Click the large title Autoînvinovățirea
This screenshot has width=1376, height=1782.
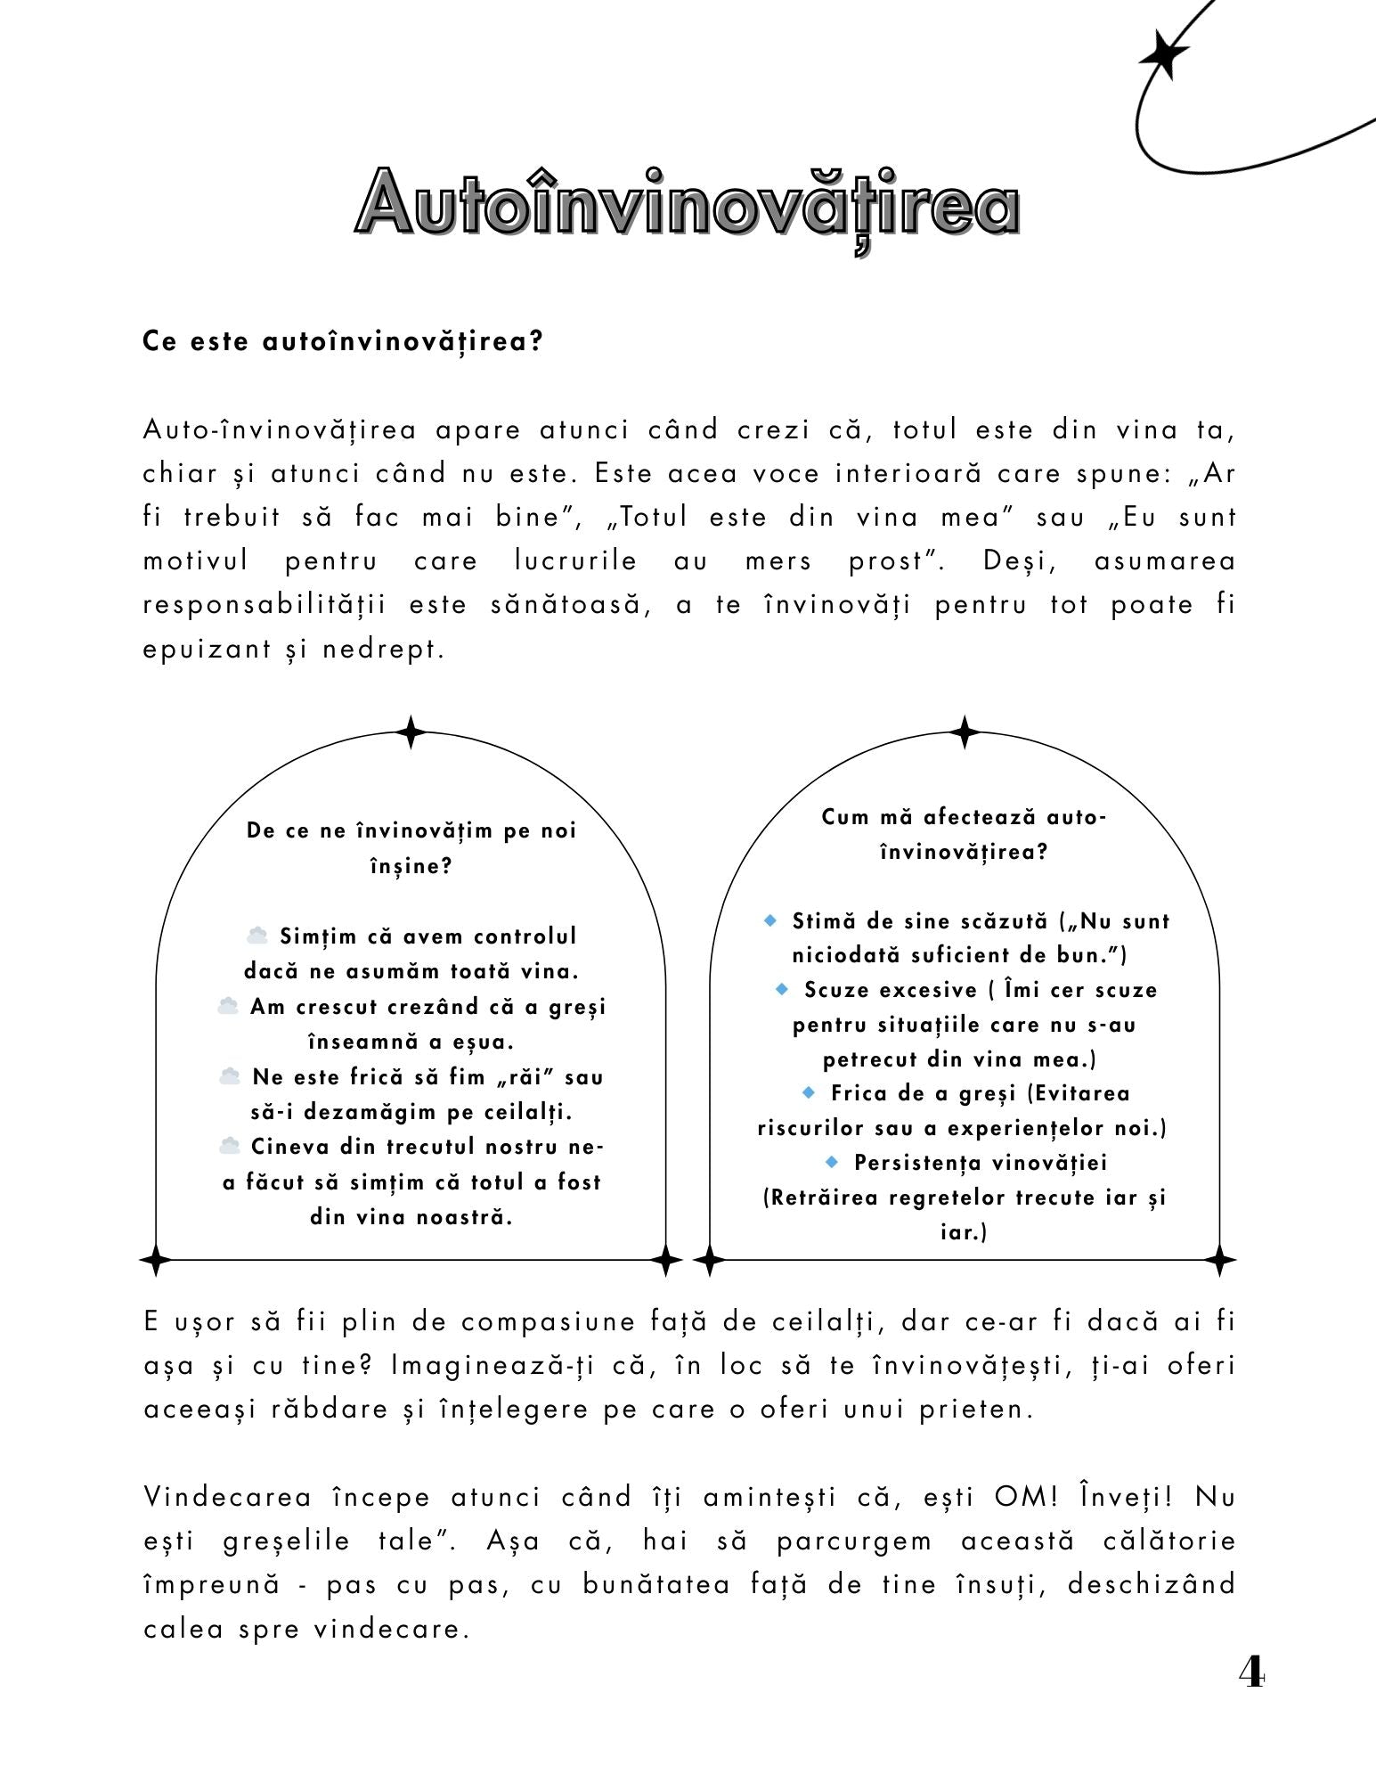687,204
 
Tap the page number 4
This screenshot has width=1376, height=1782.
1250,1672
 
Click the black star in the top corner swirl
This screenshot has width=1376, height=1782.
1163,56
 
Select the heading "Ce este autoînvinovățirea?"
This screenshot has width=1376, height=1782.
343,341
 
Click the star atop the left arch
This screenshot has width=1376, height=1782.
411,732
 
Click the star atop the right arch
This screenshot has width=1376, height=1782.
964,732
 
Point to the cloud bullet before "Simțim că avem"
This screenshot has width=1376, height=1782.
257,936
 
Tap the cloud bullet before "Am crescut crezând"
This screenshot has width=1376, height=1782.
228,1006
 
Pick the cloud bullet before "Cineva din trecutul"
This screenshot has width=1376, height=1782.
230,1146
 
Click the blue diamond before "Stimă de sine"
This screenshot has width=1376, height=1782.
771,920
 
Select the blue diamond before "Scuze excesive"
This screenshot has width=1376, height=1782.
783,989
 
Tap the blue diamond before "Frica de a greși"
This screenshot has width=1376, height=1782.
809,1092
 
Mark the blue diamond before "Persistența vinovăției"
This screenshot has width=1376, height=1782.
833,1162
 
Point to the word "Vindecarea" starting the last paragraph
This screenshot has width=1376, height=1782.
227,1496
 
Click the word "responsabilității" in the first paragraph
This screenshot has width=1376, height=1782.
265,605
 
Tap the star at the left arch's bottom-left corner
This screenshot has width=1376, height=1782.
156,1260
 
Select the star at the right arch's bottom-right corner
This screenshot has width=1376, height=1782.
1219,1260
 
